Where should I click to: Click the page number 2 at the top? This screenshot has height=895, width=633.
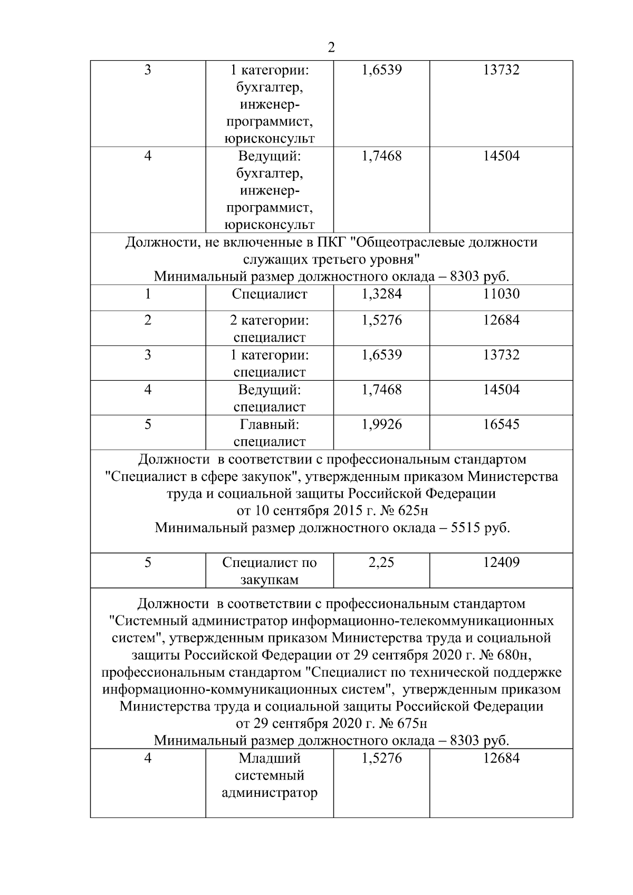click(x=331, y=48)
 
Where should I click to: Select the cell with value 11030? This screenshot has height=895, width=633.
click(x=501, y=294)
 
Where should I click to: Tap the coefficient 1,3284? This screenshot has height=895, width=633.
click(x=381, y=294)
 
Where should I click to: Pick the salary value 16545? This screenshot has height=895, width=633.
click(x=501, y=425)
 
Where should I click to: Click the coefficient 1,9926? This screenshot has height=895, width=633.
click(x=381, y=425)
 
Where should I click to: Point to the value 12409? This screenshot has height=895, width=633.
click(x=501, y=563)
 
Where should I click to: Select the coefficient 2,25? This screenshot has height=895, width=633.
click(x=381, y=563)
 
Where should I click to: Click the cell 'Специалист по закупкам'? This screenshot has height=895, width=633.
click(x=270, y=571)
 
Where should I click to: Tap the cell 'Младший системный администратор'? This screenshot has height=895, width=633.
click(x=270, y=776)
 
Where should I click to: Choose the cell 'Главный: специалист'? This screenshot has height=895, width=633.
click(x=270, y=433)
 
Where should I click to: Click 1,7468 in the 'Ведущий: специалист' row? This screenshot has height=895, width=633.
click(x=381, y=390)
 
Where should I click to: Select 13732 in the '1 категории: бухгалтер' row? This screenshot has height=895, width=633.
click(x=501, y=70)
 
